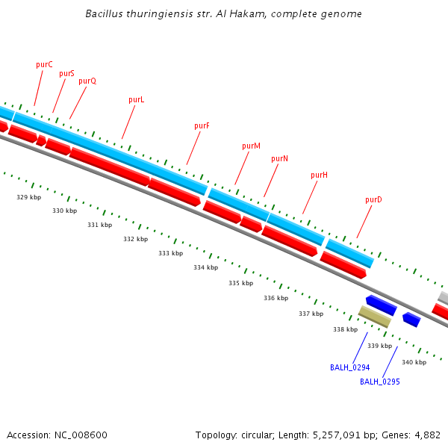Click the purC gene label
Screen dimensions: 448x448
click(44, 64)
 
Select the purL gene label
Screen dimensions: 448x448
click(136, 99)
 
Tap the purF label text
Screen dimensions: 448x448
click(202, 125)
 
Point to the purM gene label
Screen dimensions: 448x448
click(251, 146)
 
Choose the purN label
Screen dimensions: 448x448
click(279, 158)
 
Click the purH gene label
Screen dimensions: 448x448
click(319, 175)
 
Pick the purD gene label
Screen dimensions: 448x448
click(373, 199)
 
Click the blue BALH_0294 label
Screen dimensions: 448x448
click(349, 367)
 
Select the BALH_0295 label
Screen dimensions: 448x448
click(379, 382)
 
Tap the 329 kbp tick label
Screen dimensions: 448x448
click(28, 197)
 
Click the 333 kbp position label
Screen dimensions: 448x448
click(170, 253)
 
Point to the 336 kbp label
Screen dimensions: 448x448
click(276, 298)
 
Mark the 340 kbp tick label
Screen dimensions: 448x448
click(414, 362)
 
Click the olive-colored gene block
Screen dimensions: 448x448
click(375, 317)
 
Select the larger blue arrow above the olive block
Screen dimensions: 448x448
click(381, 305)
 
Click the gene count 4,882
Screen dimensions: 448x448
click(426, 435)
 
